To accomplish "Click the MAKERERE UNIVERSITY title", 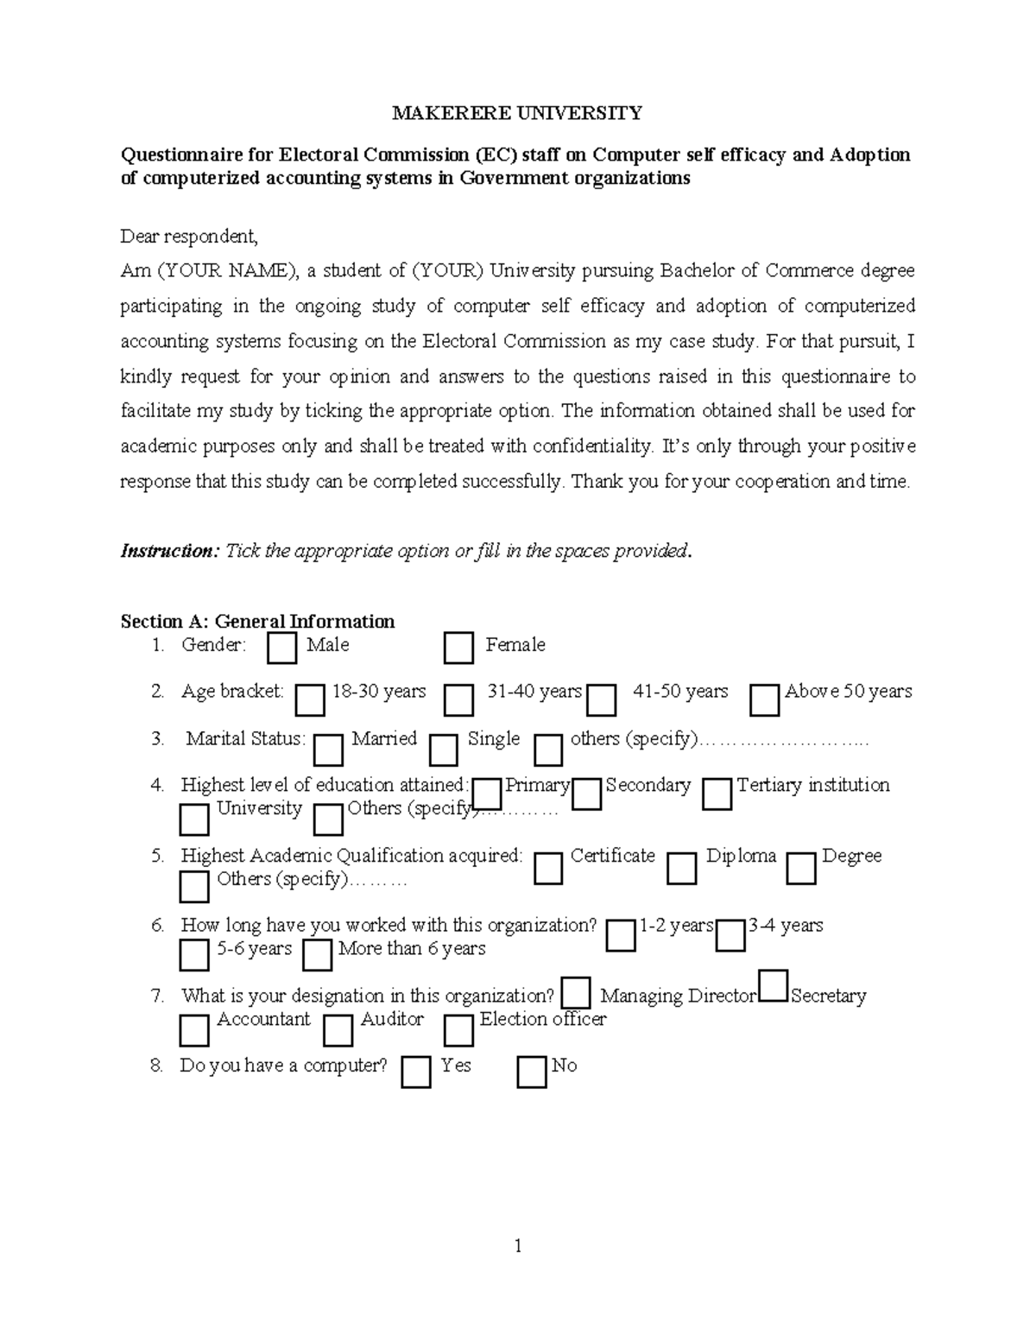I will point(517,113).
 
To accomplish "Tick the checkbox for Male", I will point(281,648).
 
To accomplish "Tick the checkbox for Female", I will point(458,648).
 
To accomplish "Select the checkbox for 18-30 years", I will point(310,700).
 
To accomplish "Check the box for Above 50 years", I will point(764,700).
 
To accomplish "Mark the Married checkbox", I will point(328,750).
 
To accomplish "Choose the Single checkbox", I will point(443,750).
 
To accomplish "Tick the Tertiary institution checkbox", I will point(717,794).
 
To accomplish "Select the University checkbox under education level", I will point(194,819).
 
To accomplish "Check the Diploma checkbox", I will point(681,869).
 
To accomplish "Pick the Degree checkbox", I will point(800,869).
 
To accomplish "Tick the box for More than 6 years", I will point(318,955).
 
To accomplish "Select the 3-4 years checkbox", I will point(730,935).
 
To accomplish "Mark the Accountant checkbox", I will point(194,1030).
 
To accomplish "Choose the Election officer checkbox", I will point(458,1030).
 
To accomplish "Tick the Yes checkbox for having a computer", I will point(416,1072).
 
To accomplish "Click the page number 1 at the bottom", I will point(518,1245).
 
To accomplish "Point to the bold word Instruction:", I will point(171,551).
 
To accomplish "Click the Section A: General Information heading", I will point(257,622).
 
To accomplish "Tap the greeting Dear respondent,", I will point(189,237).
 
